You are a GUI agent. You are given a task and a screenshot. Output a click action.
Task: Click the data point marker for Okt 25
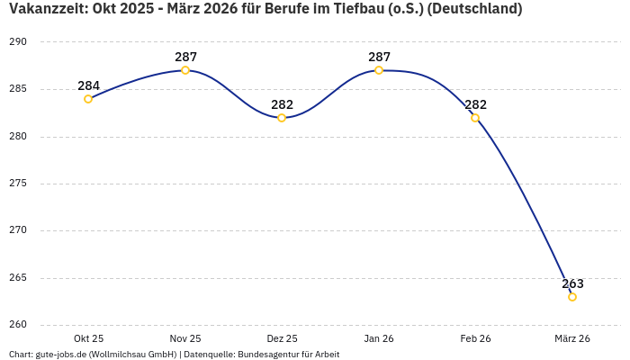88,99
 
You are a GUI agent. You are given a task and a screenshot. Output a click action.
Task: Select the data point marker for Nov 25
185,70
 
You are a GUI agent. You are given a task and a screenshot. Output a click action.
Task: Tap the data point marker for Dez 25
282,118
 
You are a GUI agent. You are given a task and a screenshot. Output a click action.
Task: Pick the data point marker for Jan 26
379,70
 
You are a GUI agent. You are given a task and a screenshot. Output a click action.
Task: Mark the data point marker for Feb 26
475,118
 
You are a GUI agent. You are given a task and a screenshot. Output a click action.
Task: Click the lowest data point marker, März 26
572,297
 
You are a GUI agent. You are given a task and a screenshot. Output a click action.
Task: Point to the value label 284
88,85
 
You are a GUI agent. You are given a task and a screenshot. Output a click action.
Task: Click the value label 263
572,283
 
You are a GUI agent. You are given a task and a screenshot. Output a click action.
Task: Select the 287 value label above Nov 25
185,57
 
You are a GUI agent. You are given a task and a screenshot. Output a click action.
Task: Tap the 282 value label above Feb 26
475,104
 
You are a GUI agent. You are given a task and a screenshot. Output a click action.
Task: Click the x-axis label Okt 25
88,338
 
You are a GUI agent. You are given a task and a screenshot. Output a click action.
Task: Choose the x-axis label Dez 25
282,338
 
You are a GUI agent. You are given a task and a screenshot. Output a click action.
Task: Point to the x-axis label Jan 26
379,338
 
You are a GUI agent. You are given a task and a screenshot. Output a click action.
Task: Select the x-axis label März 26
572,338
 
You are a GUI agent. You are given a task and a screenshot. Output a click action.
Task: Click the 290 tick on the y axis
19,42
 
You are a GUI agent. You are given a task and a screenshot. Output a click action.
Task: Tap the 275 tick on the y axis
19,184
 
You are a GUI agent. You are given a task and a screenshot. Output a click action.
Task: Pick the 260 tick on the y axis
19,325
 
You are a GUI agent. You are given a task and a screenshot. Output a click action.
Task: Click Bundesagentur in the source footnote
270,355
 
